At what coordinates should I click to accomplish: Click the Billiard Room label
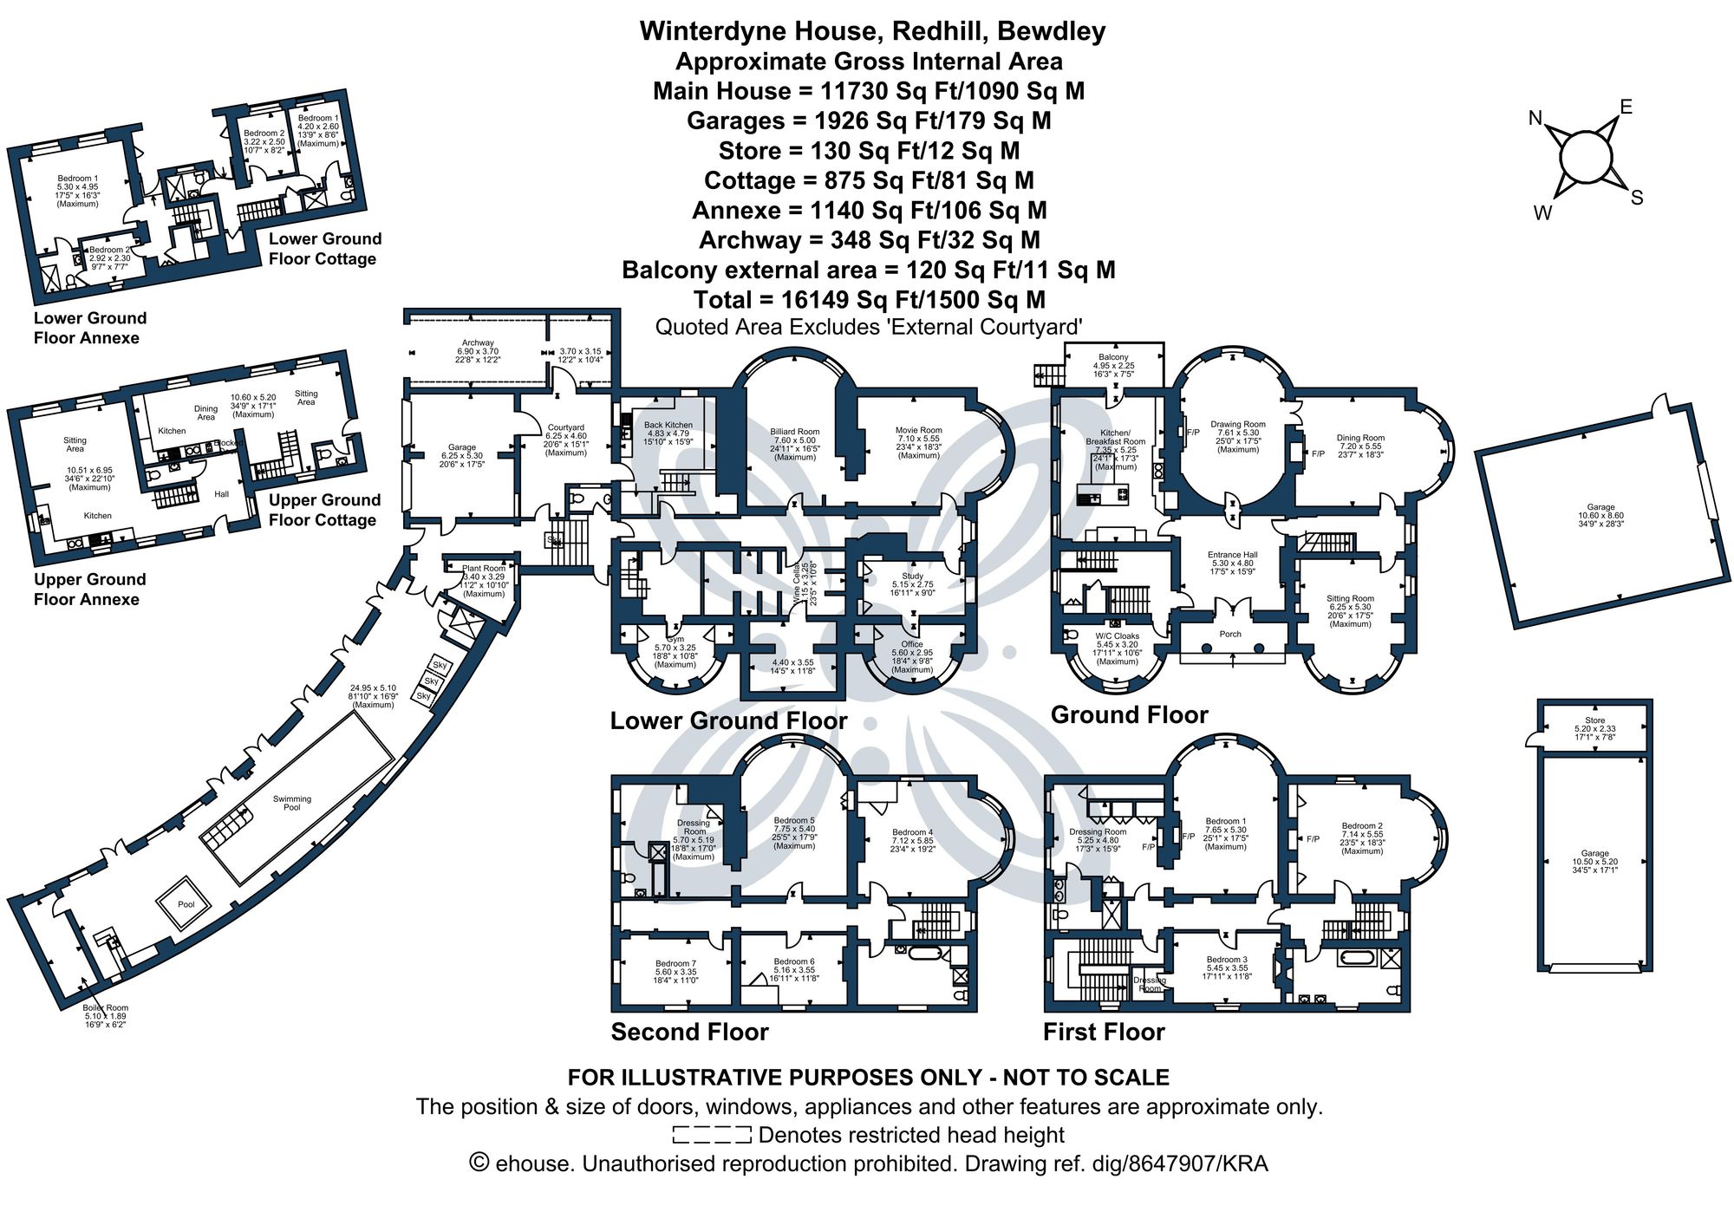coord(794,432)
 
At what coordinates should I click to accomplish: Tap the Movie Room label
coord(918,430)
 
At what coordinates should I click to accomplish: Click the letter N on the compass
coord(1535,119)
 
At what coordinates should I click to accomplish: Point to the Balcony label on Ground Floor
coord(1113,357)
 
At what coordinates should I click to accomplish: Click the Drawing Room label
coord(1237,425)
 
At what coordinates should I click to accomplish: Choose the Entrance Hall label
coord(1232,555)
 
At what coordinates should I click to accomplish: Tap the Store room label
coord(1594,720)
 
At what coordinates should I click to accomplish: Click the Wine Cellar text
coord(797,583)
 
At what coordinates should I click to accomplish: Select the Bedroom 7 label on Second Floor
coord(675,963)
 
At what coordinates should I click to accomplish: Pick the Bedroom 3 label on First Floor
coord(1226,960)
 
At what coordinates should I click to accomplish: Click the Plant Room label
coord(483,569)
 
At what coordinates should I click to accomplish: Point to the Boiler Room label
coord(105,1008)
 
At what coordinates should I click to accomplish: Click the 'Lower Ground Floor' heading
coord(728,721)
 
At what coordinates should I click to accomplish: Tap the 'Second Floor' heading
coord(689,1032)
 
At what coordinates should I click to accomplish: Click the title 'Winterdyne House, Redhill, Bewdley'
coord(872,31)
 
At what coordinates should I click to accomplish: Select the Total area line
coord(869,300)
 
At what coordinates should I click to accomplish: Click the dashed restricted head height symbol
coord(711,1134)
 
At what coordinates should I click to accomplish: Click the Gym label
coord(675,639)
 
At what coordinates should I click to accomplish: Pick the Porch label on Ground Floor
coord(1230,634)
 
